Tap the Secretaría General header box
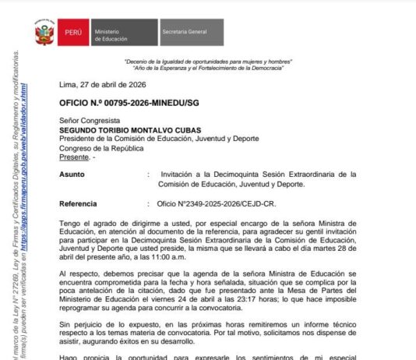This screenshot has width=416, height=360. (192, 34)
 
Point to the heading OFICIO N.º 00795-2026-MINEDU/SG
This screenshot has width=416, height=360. (127, 103)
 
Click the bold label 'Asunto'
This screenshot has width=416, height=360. (72, 175)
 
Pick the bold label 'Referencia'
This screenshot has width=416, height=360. (78, 204)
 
